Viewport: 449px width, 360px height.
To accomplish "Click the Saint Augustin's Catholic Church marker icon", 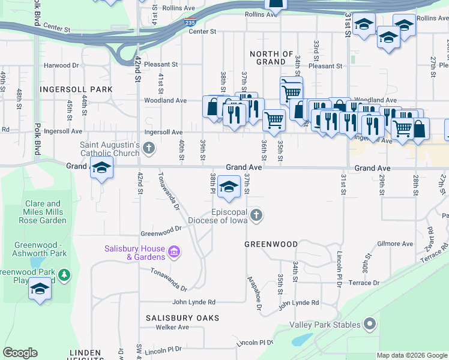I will click(x=149, y=146).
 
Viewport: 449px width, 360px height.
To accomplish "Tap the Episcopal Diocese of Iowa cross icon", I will click(x=256, y=215).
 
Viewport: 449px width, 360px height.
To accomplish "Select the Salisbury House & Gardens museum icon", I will click(x=174, y=250).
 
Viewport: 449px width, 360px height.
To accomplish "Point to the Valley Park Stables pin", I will click(x=369, y=325).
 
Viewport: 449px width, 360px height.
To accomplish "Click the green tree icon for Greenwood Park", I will click(x=64, y=276).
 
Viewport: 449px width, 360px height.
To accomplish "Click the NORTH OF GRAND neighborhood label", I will click(x=271, y=58).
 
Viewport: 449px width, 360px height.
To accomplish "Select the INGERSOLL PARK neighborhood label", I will click(x=76, y=89).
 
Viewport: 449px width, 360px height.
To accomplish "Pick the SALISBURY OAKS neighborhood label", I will click(x=182, y=317).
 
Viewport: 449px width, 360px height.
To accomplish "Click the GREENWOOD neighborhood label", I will click(x=271, y=244).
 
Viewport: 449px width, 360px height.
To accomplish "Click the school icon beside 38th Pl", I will click(x=229, y=188).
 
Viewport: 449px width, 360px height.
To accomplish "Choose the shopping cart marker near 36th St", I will click(x=274, y=119).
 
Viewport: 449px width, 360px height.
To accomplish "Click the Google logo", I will click(x=20, y=353).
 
